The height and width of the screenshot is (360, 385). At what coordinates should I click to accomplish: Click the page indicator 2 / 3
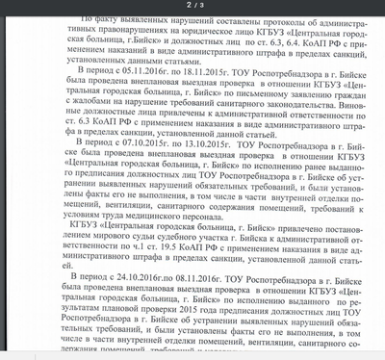[193, 6]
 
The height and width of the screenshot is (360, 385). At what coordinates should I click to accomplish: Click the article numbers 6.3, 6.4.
[247, 43]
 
